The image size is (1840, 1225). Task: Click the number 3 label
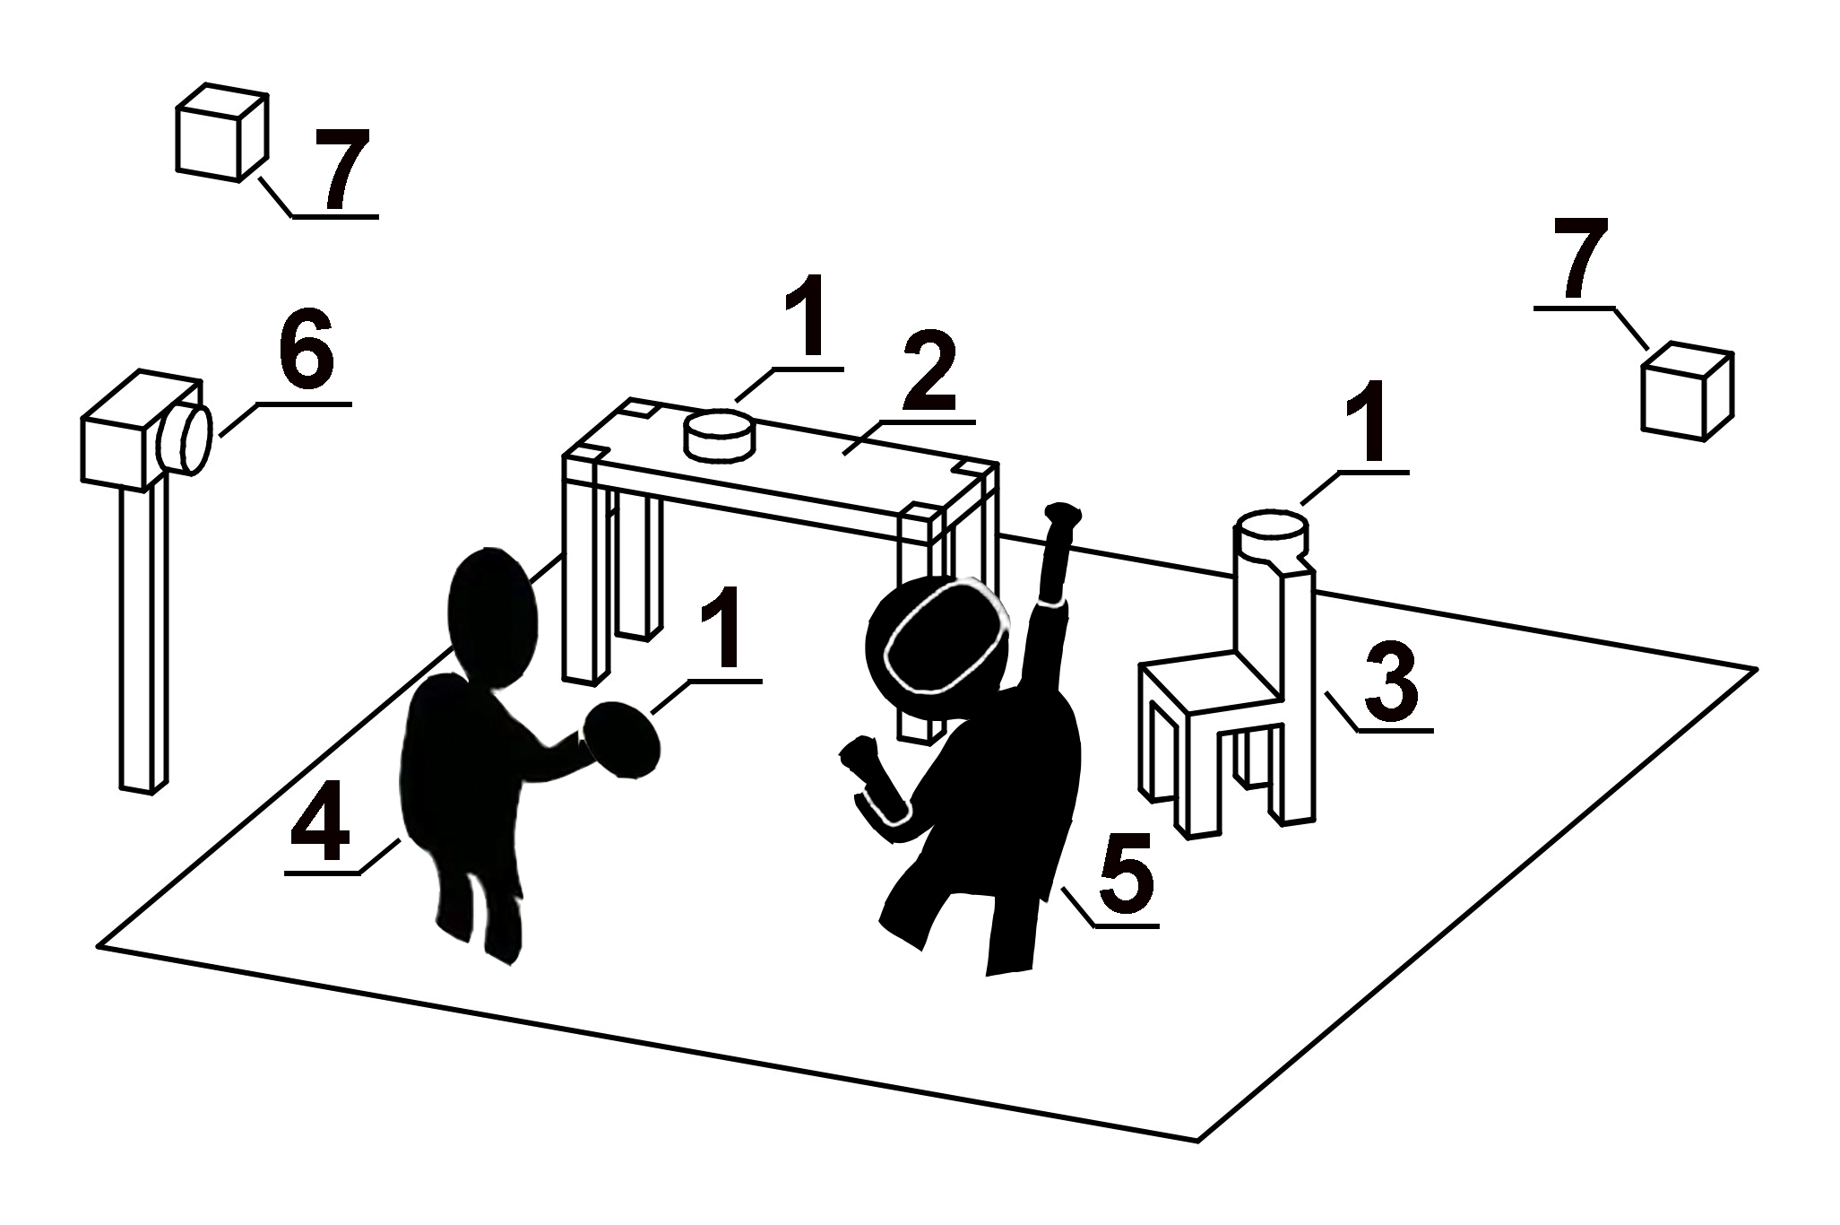(1390, 685)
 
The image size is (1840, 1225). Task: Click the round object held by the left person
(621, 739)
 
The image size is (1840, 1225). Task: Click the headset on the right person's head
(942, 637)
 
